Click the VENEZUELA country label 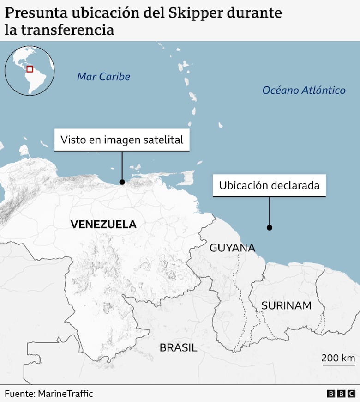103,225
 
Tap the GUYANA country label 232,248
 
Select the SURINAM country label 286,305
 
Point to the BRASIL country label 178,347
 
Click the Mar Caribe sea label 103,77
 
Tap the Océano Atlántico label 304,90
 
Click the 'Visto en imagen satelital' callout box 122,140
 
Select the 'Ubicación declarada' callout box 269,185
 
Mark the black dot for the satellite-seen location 122,182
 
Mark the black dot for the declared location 269,227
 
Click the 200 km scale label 338,358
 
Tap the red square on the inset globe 30,69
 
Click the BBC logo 342,394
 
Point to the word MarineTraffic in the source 65,394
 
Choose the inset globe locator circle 30,71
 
